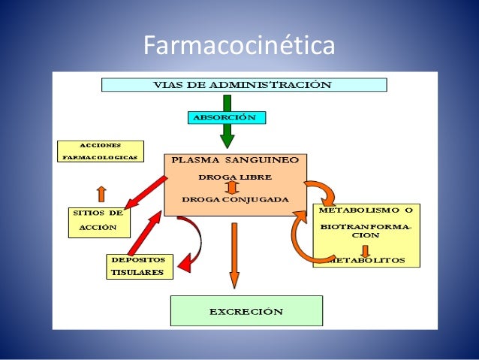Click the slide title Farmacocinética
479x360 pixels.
click(239, 47)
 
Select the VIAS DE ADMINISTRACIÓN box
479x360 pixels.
click(243, 84)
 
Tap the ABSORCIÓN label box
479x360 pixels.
click(225, 117)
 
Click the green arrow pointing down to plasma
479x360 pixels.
click(227, 137)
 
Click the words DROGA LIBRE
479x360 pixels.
click(234, 177)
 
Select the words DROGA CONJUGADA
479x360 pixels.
click(233, 199)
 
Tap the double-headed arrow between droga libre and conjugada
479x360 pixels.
click(233, 188)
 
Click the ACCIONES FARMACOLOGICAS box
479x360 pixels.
click(100, 153)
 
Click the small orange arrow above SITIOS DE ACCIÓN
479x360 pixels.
click(101, 193)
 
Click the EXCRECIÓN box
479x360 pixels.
click(246, 310)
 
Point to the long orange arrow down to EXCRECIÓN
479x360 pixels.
click(233, 256)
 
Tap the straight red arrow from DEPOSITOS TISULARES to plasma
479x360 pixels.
click(145, 233)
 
